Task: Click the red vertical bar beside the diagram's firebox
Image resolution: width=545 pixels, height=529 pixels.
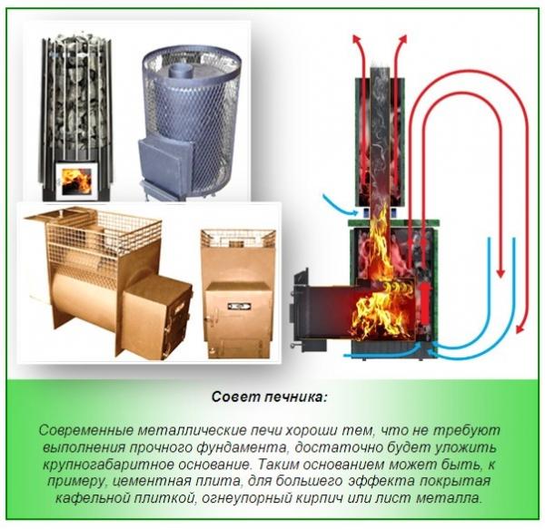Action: tap(423, 299)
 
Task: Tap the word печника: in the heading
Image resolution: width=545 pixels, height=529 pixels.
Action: tap(295, 397)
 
